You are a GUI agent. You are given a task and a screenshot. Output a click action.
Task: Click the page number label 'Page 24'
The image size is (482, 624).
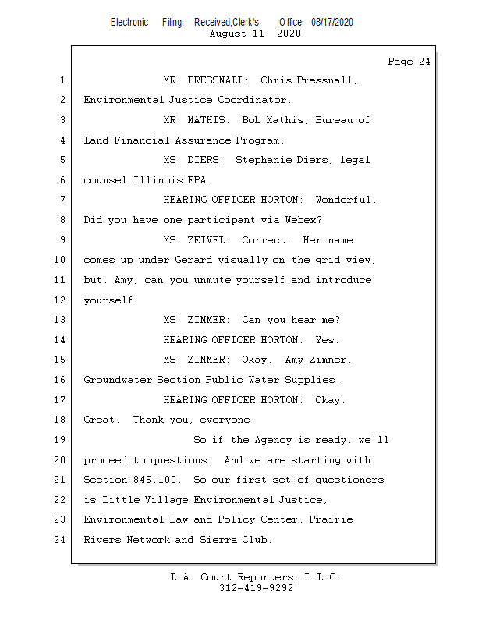[x=409, y=62]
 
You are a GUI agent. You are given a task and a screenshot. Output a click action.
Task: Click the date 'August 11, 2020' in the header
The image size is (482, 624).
[x=255, y=34]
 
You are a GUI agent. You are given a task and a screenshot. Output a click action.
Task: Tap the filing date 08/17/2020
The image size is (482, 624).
[x=331, y=22]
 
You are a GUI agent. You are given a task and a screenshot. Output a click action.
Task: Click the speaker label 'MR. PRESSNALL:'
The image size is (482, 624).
[x=206, y=80]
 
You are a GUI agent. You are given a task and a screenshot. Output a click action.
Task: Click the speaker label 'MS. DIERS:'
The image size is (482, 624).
[x=193, y=160]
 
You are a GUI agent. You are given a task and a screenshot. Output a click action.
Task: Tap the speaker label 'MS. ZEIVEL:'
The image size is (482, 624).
[x=197, y=240]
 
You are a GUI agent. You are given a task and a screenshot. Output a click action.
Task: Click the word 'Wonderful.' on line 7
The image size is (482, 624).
[x=346, y=200]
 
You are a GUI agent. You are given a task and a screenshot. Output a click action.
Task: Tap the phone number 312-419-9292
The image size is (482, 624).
[x=256, y=588]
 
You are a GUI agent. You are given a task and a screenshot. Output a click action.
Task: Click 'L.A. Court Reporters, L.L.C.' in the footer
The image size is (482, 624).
[x=256, y=577]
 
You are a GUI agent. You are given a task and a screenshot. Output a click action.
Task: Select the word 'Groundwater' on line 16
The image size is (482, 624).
[x=118, y=380]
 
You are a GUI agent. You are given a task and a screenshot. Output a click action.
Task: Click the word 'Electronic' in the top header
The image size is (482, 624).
[x=129, y=22]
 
